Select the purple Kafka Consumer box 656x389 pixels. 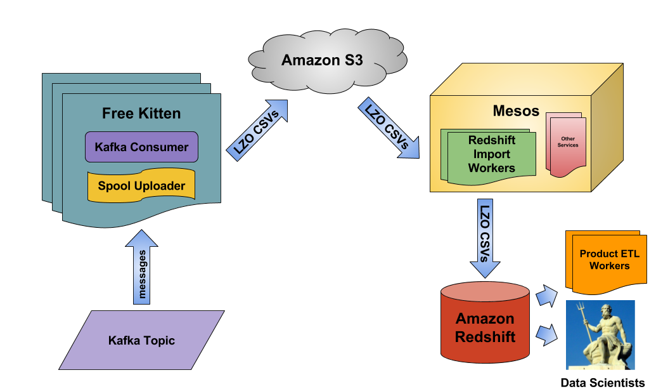coord(141,147)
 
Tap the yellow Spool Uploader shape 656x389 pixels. coord(141,186)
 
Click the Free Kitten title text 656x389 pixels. coord(141,114)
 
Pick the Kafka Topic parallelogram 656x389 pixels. coord(141,340)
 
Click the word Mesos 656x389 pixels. coord(516,111)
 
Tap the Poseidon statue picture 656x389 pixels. coord(600,334)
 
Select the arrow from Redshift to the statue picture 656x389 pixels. coord(546,334)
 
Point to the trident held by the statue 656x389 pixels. coord(579,317)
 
